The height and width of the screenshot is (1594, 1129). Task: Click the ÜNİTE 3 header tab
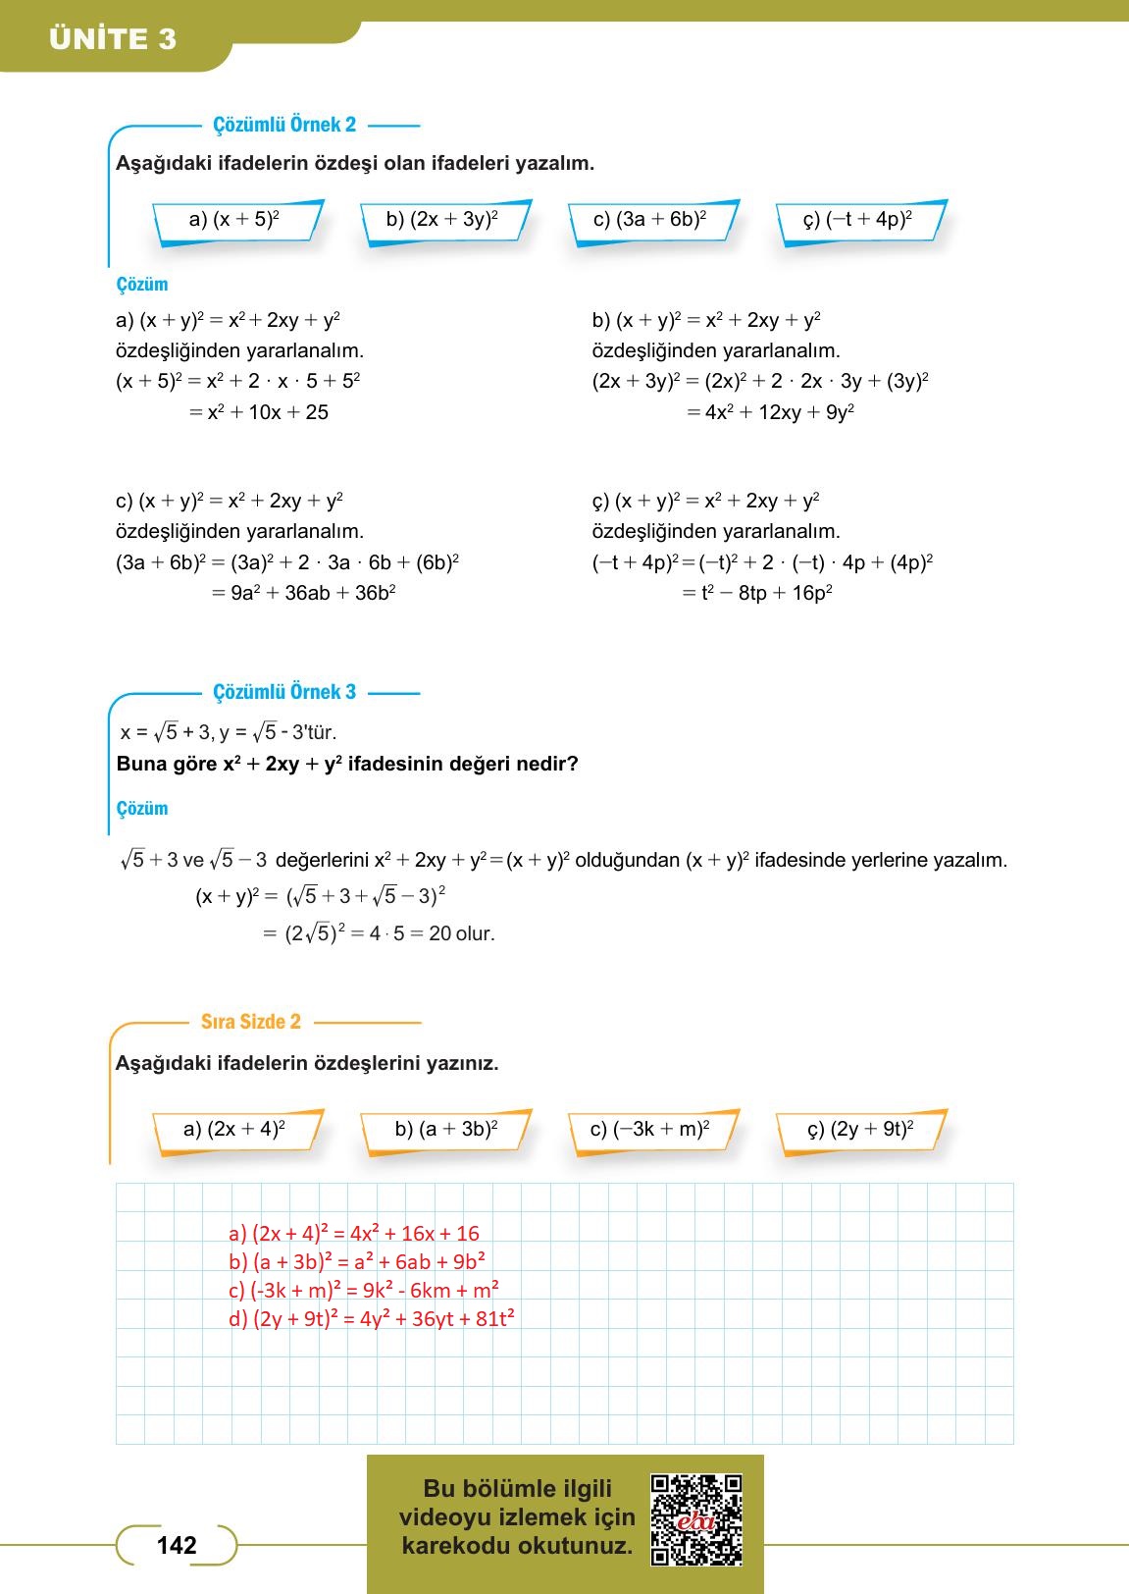click(x=113, y=39)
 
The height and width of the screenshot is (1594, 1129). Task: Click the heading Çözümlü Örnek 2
click(x=284, y=125)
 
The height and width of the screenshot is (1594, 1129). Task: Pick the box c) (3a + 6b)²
click(x=650, y=220)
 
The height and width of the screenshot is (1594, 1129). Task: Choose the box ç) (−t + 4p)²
click(x=858, y=220)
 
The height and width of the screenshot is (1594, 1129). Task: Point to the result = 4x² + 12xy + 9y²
click(x=770, y=412)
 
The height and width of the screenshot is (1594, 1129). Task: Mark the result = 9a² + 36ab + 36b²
click(x=303, y=593)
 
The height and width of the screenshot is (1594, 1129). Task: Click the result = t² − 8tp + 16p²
click(x=757, y=593)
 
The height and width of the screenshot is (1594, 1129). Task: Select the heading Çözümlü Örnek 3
click(x=284, y=692)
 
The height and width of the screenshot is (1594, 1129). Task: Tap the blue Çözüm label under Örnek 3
click(x=142, y=809)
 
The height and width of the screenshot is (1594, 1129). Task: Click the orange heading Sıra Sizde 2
click(x=251, y=1022)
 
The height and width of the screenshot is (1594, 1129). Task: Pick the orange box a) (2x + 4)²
click(x=235, y=1130)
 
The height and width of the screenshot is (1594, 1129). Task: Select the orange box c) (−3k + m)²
click(x=650, y=1130)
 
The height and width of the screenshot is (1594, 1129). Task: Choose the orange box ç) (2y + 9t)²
click(x=860, y=1130)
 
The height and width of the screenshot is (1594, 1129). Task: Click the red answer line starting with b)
click(x=357, y=1262)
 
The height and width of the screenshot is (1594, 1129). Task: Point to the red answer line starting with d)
click(x=372, y=1319)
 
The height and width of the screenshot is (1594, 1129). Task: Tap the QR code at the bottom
click(x=696, y=1519)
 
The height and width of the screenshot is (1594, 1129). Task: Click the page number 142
click(x=177, y=1546)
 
